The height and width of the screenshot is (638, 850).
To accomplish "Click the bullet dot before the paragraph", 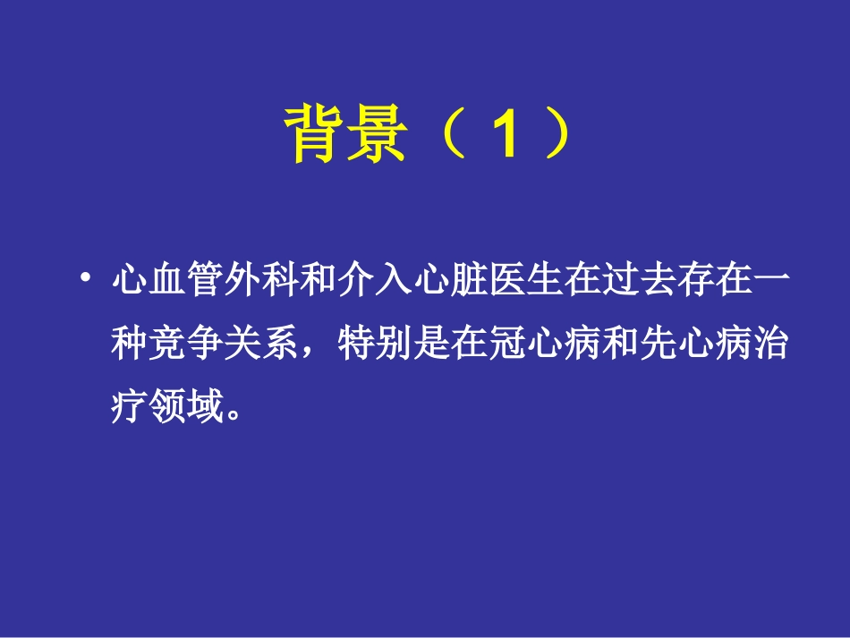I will point(85,280).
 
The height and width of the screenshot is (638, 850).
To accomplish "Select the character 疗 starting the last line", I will point(129,411).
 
